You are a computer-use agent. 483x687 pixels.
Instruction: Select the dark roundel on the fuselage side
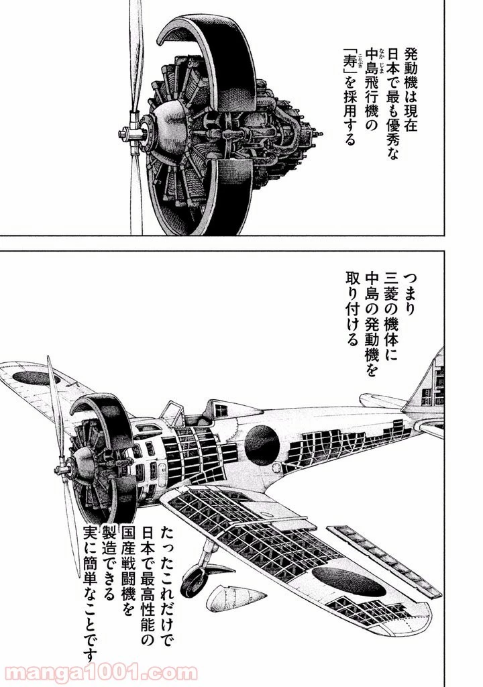(x=262, y=441)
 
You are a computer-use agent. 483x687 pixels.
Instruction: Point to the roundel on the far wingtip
(x=32, y=378)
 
